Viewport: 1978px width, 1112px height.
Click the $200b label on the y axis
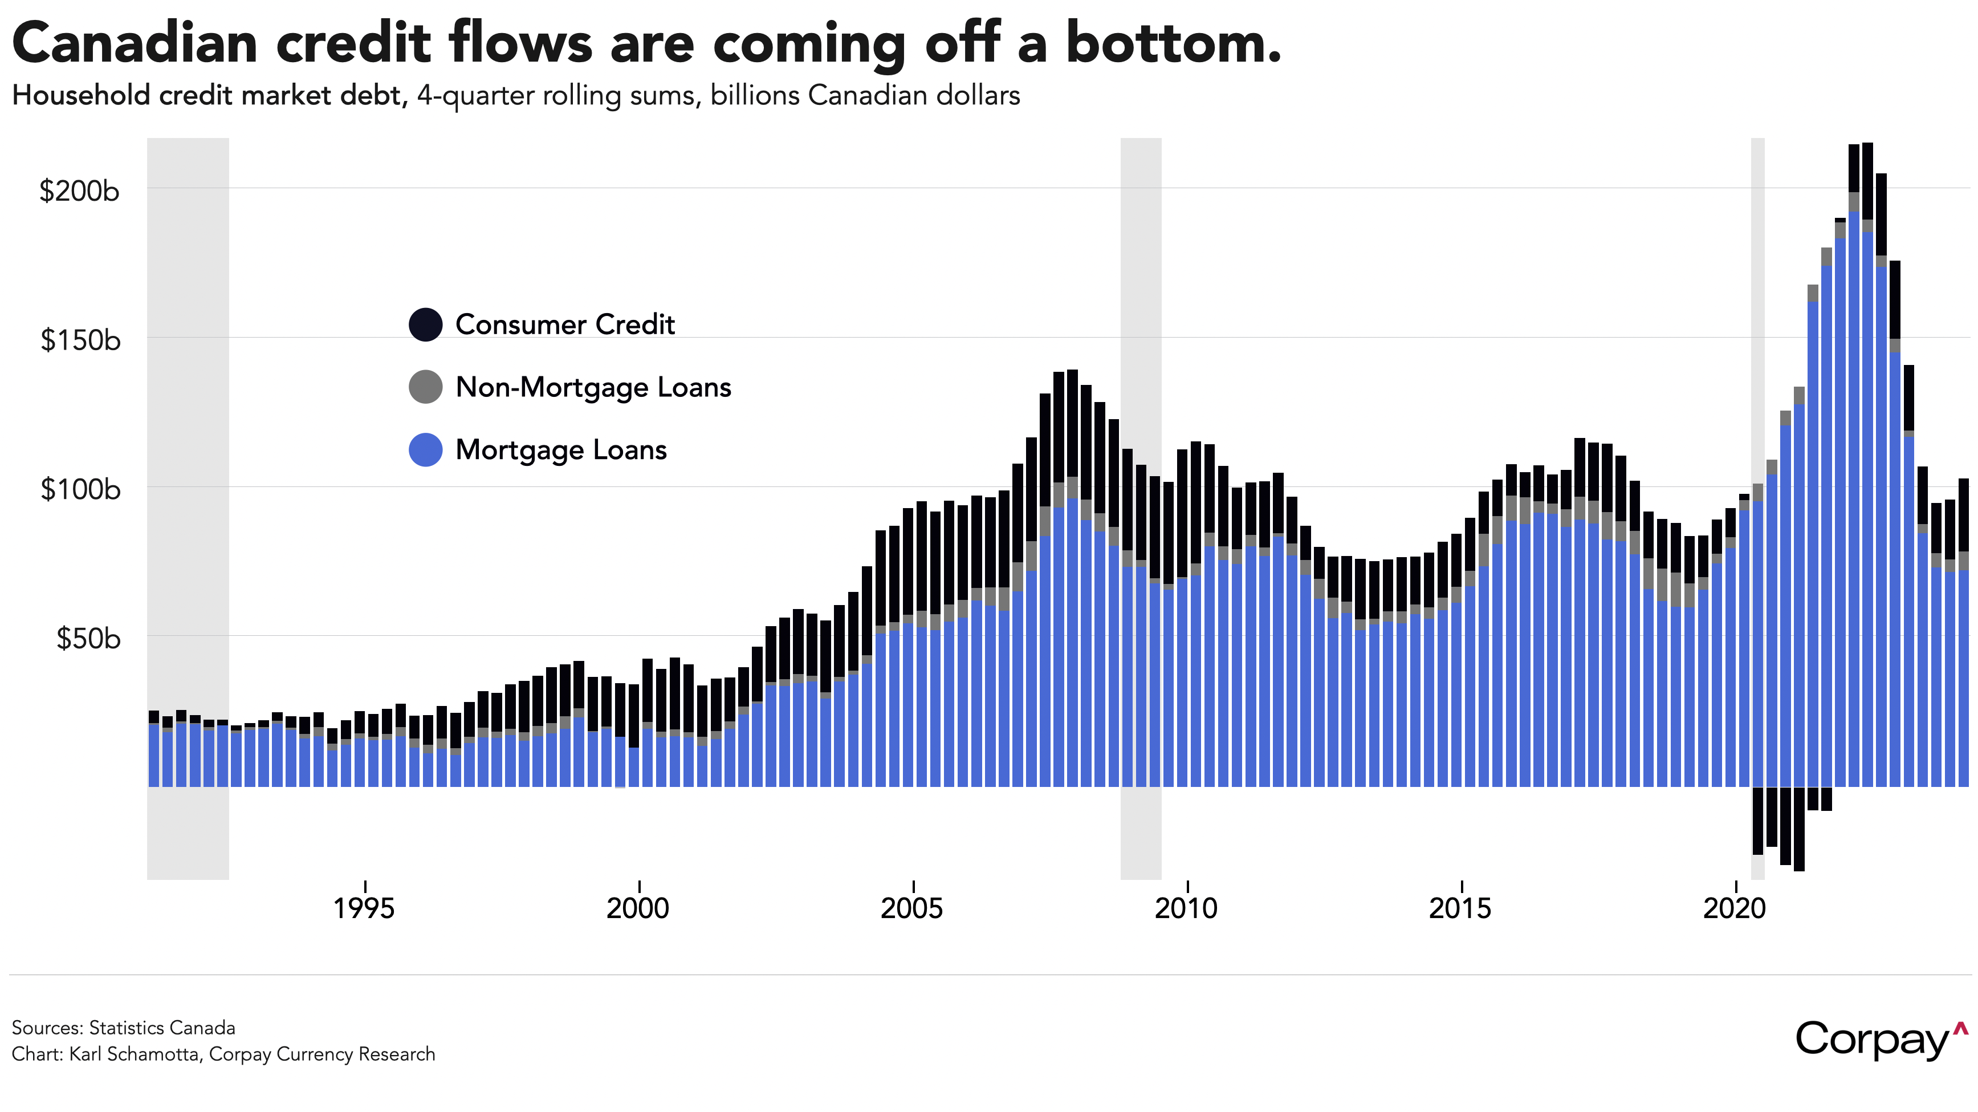coord(79,190)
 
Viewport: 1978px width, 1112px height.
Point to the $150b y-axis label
coord(80,339)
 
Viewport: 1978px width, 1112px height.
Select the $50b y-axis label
coord(88,638)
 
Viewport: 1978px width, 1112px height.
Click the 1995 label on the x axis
coord(364,908)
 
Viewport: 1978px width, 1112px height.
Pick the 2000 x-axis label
coord(638,908)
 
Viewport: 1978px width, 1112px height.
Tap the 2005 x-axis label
coord(912,908)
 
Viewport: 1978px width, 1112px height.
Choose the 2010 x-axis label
coord(1186,908)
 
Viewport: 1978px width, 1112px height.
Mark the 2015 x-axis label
coord(1460,908)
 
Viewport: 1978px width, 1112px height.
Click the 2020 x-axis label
coord(1735,908)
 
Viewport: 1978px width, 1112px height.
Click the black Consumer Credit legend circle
coord(425,324)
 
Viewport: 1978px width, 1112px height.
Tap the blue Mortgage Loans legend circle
coord(425,450)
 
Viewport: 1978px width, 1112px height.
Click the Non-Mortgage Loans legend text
coord(593,387)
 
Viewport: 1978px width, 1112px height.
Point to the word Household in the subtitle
coord(80,96)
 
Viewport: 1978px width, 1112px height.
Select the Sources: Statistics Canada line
coord(123,1028)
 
